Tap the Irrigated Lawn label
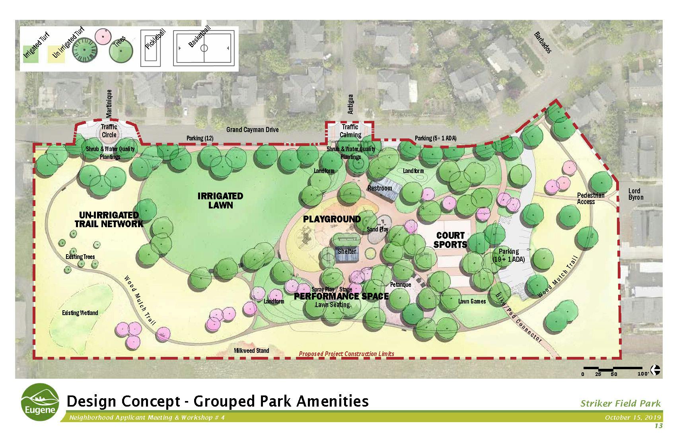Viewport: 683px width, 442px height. (220, 201)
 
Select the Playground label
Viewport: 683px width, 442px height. (332, 219)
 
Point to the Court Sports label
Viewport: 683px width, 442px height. (450, 240)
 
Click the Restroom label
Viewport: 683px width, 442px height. (379, 188)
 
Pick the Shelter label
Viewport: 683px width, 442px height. (347, 251)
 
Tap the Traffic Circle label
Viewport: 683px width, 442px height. (109, 131)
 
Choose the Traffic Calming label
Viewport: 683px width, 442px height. (350, 131)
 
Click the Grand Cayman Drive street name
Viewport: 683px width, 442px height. (252, 130)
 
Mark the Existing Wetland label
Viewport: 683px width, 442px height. (80, 313)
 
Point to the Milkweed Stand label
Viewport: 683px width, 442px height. (251, 350)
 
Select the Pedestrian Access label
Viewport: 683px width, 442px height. (591, 199)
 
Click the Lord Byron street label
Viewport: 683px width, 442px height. (636, 194)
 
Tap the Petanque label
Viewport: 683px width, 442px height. (400, 285)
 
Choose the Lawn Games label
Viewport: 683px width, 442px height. (472, 302)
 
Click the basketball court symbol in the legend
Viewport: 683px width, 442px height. (204, 49)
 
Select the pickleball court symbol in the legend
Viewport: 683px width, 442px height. (151, 49)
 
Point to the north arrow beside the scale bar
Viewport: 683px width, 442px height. (656, 370)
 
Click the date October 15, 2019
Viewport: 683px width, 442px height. (632, 417)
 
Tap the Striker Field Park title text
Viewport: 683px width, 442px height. (620, 403)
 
